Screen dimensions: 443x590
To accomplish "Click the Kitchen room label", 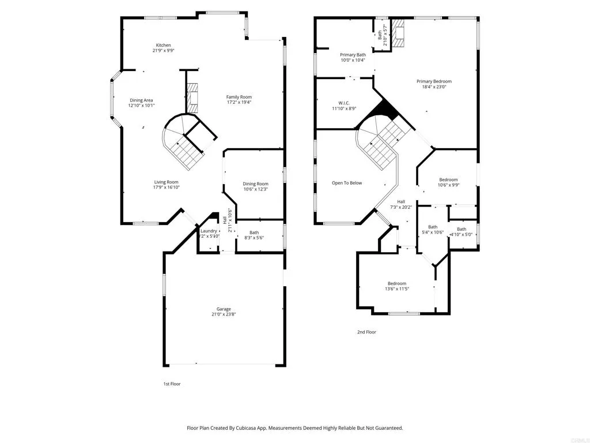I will pyautogui.click(x=164, y=45).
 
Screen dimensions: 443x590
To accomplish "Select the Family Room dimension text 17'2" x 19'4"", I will pyautogui.click(x=239, y=102).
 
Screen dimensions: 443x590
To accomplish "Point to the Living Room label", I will pyautogui.click(x=166, y=182).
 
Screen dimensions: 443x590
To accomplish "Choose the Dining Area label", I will pyautogui.click(x=141, y=100).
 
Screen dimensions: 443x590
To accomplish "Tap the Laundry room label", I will pyautogui.click(x=209, y=231).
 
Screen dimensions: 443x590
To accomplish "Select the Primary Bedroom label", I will pyautogui.click(x=434, y=81).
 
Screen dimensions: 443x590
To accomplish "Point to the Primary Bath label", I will pyautogui.click(x=353, y=55).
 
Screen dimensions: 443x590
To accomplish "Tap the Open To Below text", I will pyautogui.click(x=347, y=183).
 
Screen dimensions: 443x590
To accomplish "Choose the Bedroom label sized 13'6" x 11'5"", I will pyautogui.click(x=397, y=283).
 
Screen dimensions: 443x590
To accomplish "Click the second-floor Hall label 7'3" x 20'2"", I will pyautogui.click(x=401, y=201).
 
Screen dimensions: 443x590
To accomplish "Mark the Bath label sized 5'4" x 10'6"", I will pyautogui.click(x=433, y=227).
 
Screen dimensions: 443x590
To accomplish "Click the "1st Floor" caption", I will pyautogui.click(x=172, y=384).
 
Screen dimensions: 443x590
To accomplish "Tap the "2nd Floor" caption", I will pyautogui.click(x=366, y=332).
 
